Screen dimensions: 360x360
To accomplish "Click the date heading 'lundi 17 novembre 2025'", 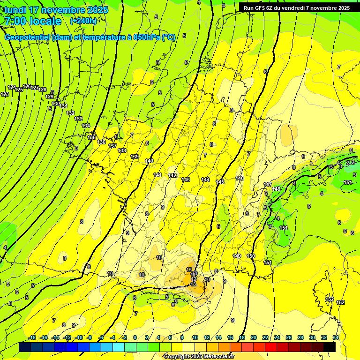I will click(56, 10).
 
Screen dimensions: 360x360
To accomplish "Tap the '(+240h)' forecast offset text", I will click(83, 21).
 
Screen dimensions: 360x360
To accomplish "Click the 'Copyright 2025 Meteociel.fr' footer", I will click(199, 356).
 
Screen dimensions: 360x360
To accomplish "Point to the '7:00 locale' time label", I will click(32, 21).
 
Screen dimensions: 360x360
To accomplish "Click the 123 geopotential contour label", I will click(5, 94).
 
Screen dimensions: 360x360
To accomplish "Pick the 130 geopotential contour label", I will click(56, 104).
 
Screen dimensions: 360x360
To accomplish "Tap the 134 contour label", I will click(86, 126).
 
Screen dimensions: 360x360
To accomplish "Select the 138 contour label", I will click(122, 150).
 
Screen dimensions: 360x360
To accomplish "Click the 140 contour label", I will click(149, 161).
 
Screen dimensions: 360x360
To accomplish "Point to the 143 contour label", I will click(186, 180).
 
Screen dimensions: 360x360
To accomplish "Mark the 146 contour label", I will click(240, 178).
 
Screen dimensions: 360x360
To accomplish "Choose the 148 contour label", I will click(276, 189).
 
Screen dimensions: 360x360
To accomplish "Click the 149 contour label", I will click(237, 256).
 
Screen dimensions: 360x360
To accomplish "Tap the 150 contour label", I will click(251, 256).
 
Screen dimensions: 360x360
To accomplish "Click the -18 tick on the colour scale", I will click(32, 337).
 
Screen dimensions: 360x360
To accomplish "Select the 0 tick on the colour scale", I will click(135, 337).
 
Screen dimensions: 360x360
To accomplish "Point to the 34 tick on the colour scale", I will click(336, 337).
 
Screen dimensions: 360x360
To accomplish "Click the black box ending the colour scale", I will click(330, 347).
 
